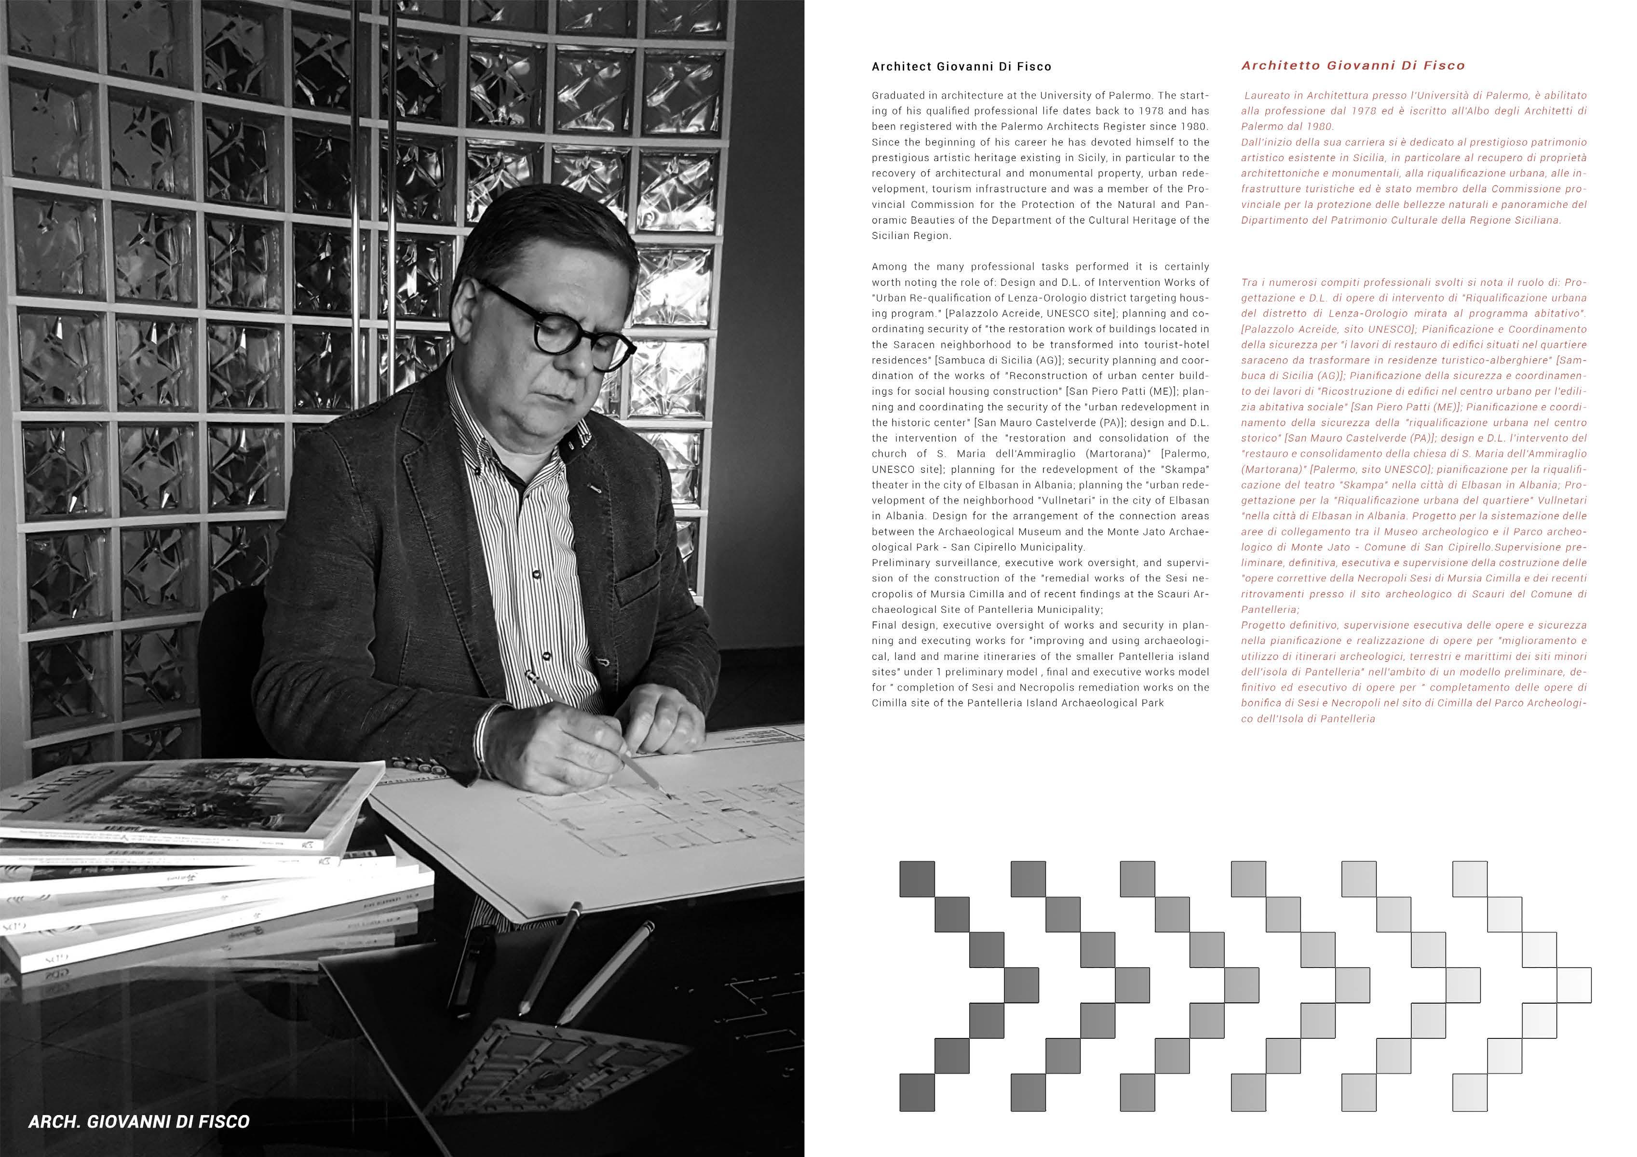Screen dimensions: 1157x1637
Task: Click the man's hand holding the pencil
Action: tap(584, 741)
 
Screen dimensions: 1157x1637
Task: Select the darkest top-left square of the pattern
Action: tap(917, 879)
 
